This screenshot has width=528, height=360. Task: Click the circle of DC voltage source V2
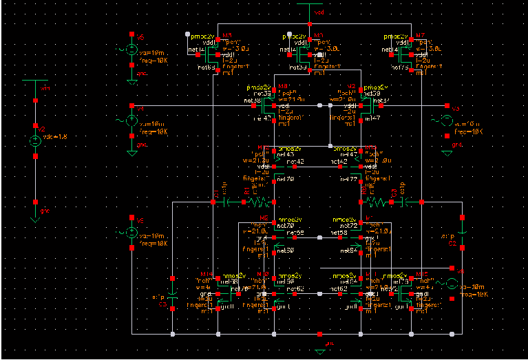[x=36, y=141]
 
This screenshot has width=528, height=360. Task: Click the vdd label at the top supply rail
[x=319, y=12]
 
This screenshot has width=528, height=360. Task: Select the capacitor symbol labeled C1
[x=227, y=202]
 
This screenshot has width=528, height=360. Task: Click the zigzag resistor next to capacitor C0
[x=378, y=202]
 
